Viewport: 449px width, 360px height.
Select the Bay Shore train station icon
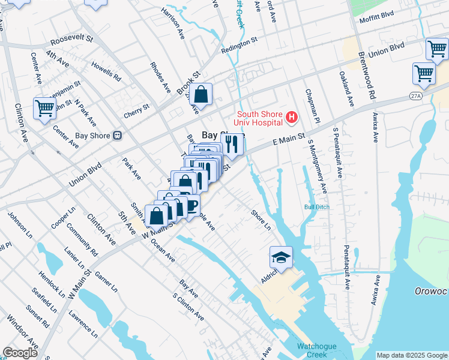coord(118,136)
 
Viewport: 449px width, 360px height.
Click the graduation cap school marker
coord(281,257)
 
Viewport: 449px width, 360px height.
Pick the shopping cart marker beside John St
coord(45,109)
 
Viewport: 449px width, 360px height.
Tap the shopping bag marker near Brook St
coord(201,94)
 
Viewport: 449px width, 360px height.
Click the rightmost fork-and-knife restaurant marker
coord(231,144)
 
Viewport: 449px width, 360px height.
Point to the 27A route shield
coord(416,95)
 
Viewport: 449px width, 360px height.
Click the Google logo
coord(20,353)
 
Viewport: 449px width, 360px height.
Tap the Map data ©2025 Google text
coord(411,355)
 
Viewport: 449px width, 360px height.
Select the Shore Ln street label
coord(261,220)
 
